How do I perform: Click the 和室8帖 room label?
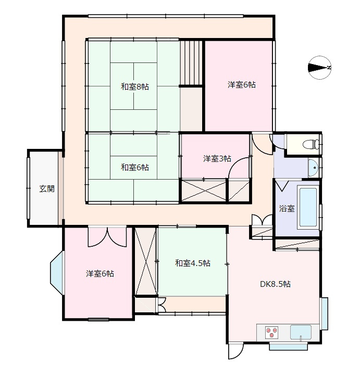coord(135,87)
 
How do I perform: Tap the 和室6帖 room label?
coord(135,167)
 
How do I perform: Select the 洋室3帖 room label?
coord(217,159)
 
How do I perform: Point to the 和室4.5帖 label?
coord(193,263)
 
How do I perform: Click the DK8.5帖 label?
coord(276,284)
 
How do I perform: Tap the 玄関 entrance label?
coord(47,188)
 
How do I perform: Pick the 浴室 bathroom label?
coord(287,209)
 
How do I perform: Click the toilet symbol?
coord(311,144)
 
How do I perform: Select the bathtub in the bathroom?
coord(308,207)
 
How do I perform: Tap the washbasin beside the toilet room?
coord(313,168)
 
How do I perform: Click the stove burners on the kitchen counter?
coord(271,332)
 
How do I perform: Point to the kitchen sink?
coord(301,332)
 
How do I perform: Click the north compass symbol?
coord(319,68)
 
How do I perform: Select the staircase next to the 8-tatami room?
coord(191,62)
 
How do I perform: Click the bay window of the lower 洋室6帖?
coord(57,273)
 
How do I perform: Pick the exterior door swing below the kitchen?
coord(236,351)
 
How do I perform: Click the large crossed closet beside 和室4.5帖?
coord(145,261)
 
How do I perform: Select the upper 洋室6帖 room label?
coord(242,84)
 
